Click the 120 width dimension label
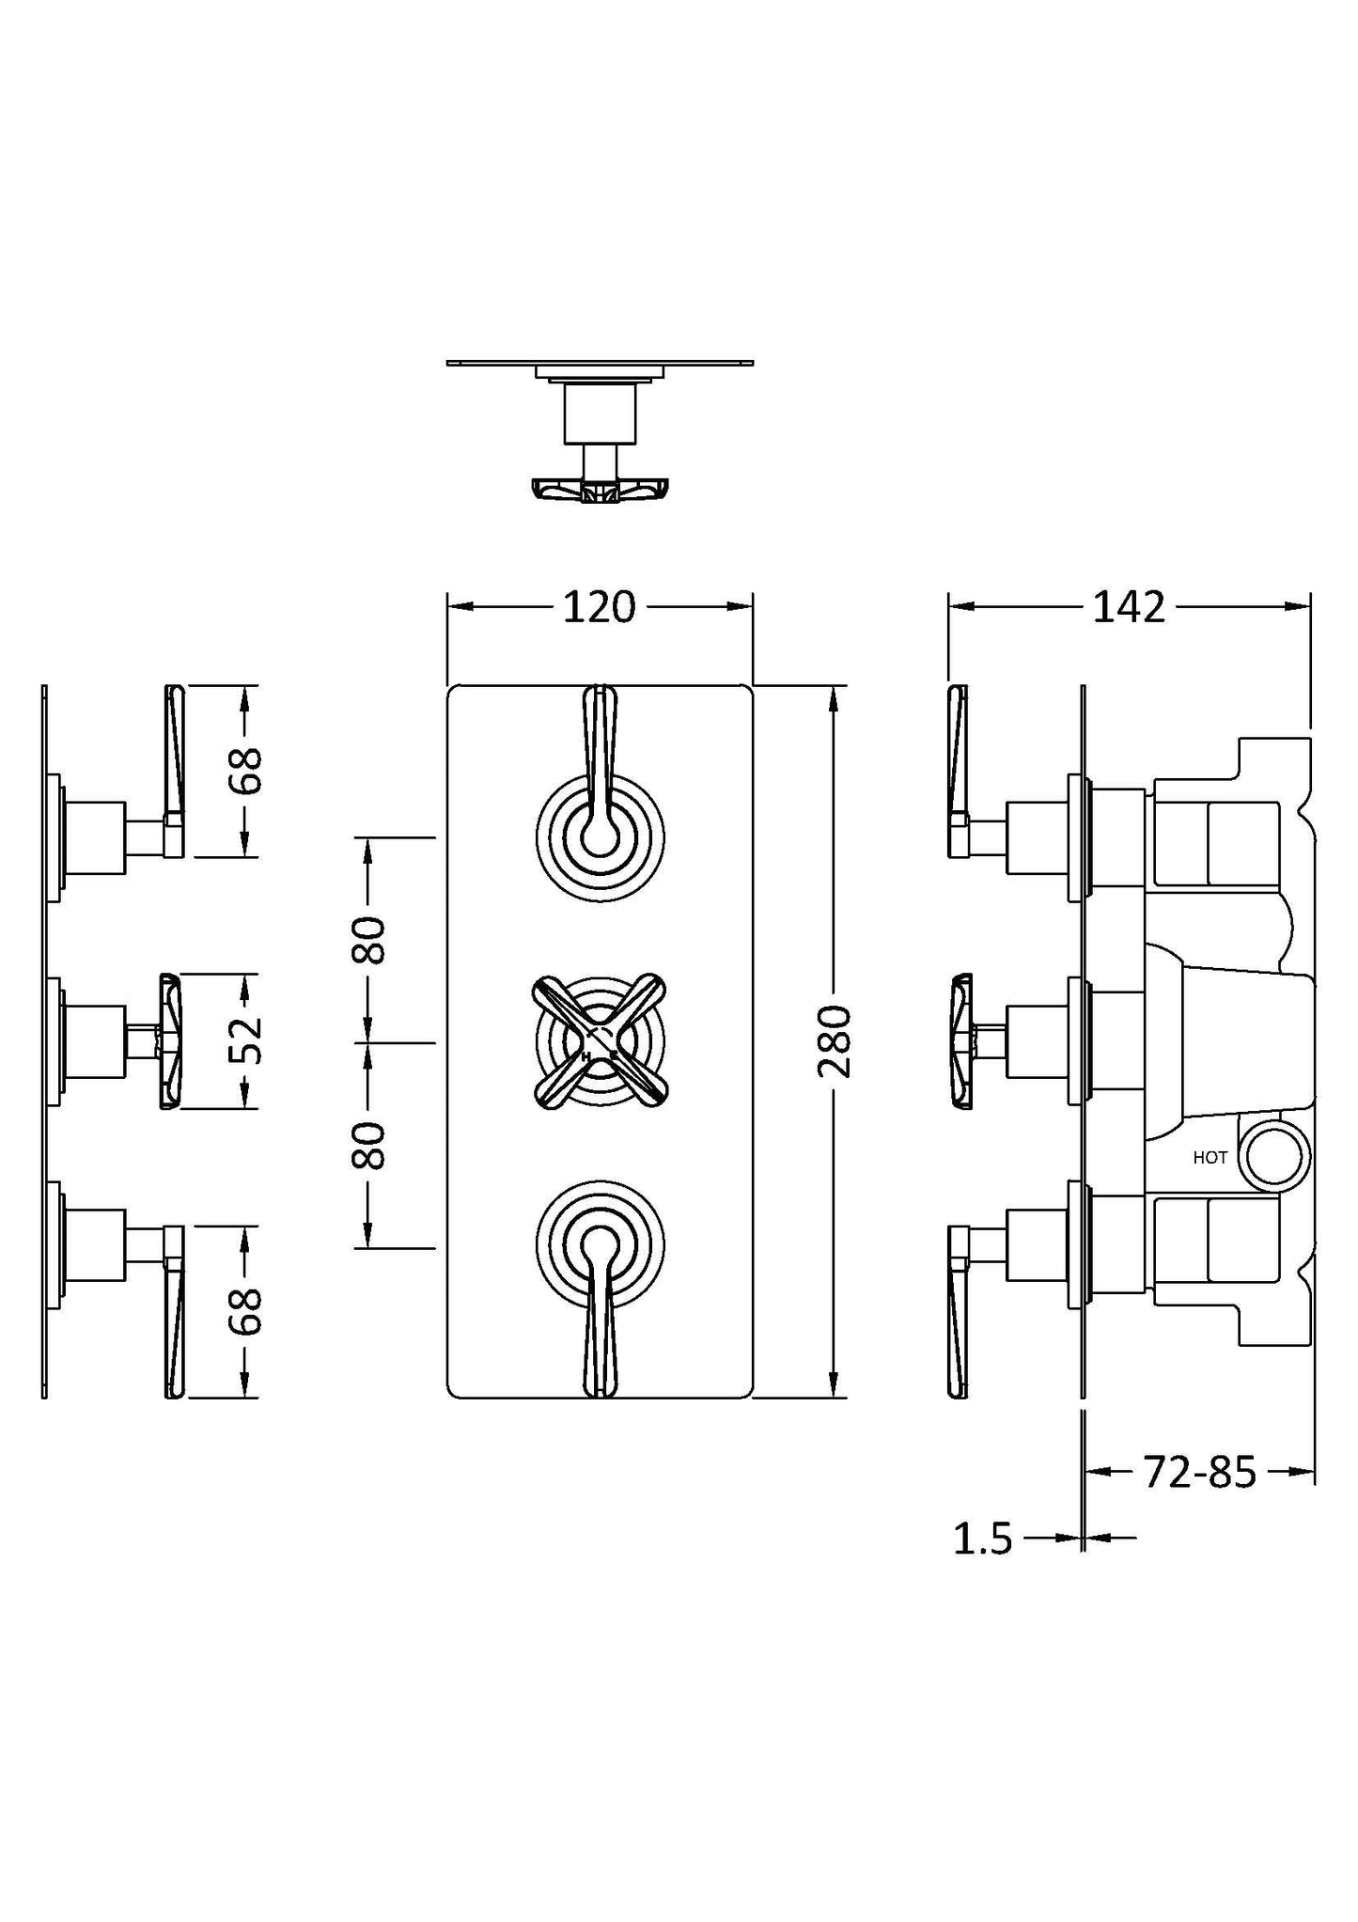[599, 608]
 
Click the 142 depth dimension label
[1128, 608]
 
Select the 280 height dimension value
[834, 1040]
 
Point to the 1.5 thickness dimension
[983, 1539]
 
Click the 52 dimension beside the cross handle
[245, 1040]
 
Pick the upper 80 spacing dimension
[369, 939]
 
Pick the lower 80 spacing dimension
[369, 1145]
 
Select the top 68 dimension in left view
[245, 771]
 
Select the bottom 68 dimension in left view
[245, 1310]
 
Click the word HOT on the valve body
[1210, 1158]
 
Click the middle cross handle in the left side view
[169, 1040]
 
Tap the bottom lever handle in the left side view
[175, 1316]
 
